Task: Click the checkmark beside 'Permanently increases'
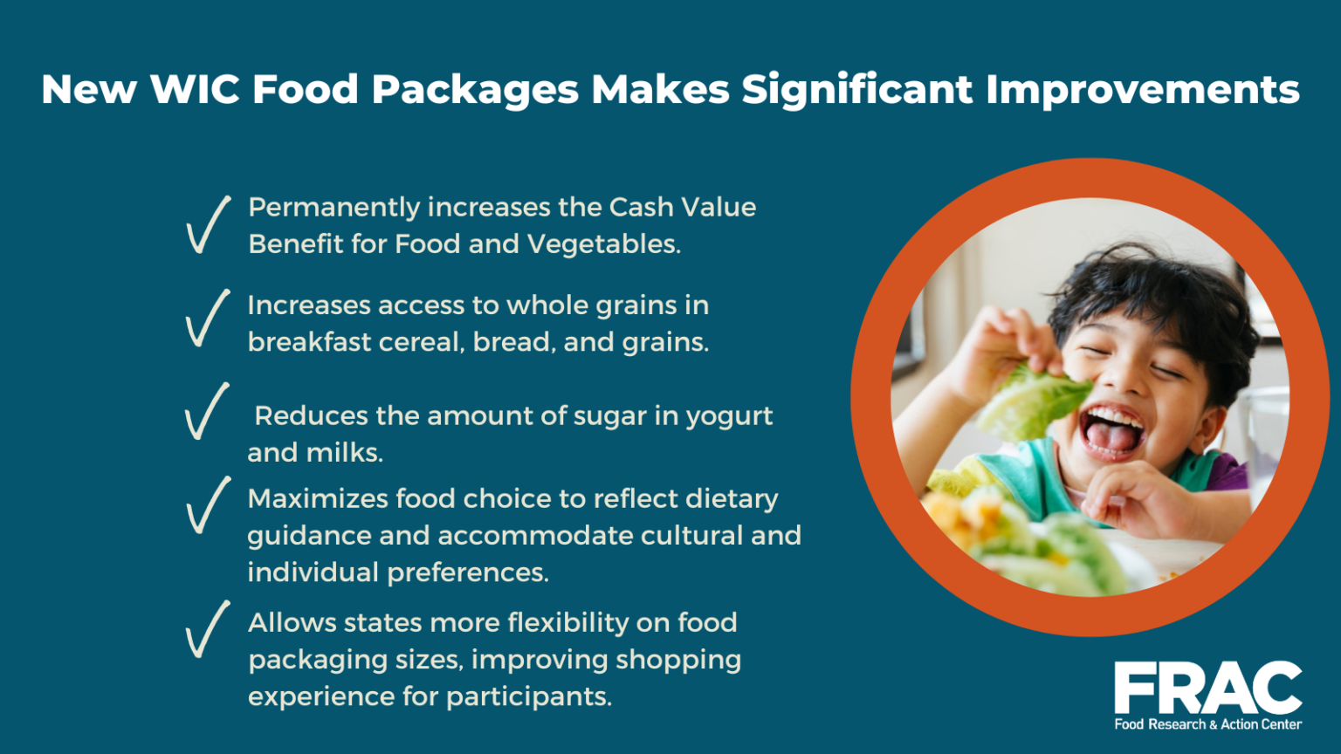click(x=208, y=225)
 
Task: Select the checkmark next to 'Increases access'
click(x=208, y=319)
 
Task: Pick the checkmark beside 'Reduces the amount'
click(x=207, y=411)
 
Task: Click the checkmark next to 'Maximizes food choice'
click(x=208, y=505)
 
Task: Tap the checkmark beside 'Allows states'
click(x=208, y=629)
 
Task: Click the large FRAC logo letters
click(x=1207, y=689)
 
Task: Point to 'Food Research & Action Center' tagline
click(x=1207, y=724)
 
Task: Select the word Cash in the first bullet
click(x=641, y=208)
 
